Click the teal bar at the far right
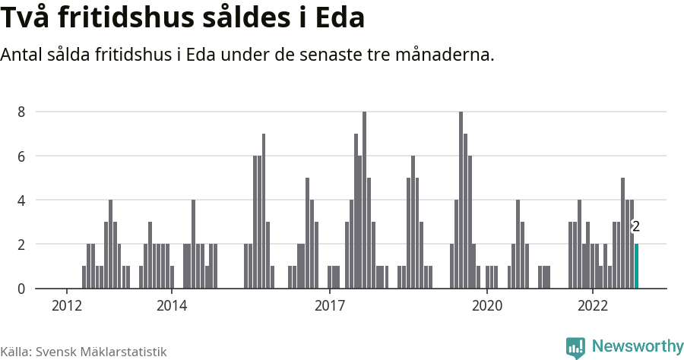[636, 266]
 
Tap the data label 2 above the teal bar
[636, 226]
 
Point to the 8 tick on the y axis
[22, 112]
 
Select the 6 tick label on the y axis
[22, 156]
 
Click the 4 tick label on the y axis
[22, 201]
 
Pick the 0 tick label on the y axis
[22, 289]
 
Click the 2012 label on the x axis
[67, 305]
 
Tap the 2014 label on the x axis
[172, 305]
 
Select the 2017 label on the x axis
[329, 305]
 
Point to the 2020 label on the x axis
[486, 305]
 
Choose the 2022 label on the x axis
[591, 305]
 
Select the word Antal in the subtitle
[24, 55]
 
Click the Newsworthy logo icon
[576, 347]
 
